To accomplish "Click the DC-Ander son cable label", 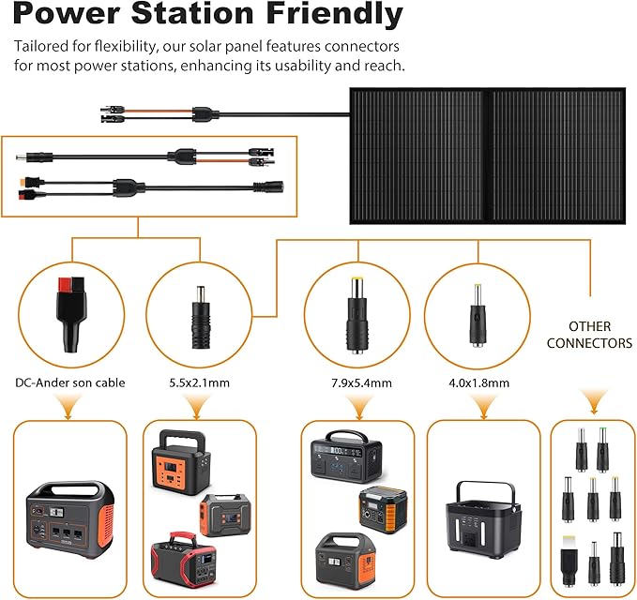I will pyautogui.click(x=69, y=382).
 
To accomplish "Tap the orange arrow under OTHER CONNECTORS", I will pyautogui.click(x=592, y=402).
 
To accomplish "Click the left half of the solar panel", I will pyautogui.click(x=417, y=155).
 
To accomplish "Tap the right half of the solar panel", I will pyautogui.click(x=555, y=155).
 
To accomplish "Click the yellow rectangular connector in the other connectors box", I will pyautogui.click(x=569, y=561).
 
